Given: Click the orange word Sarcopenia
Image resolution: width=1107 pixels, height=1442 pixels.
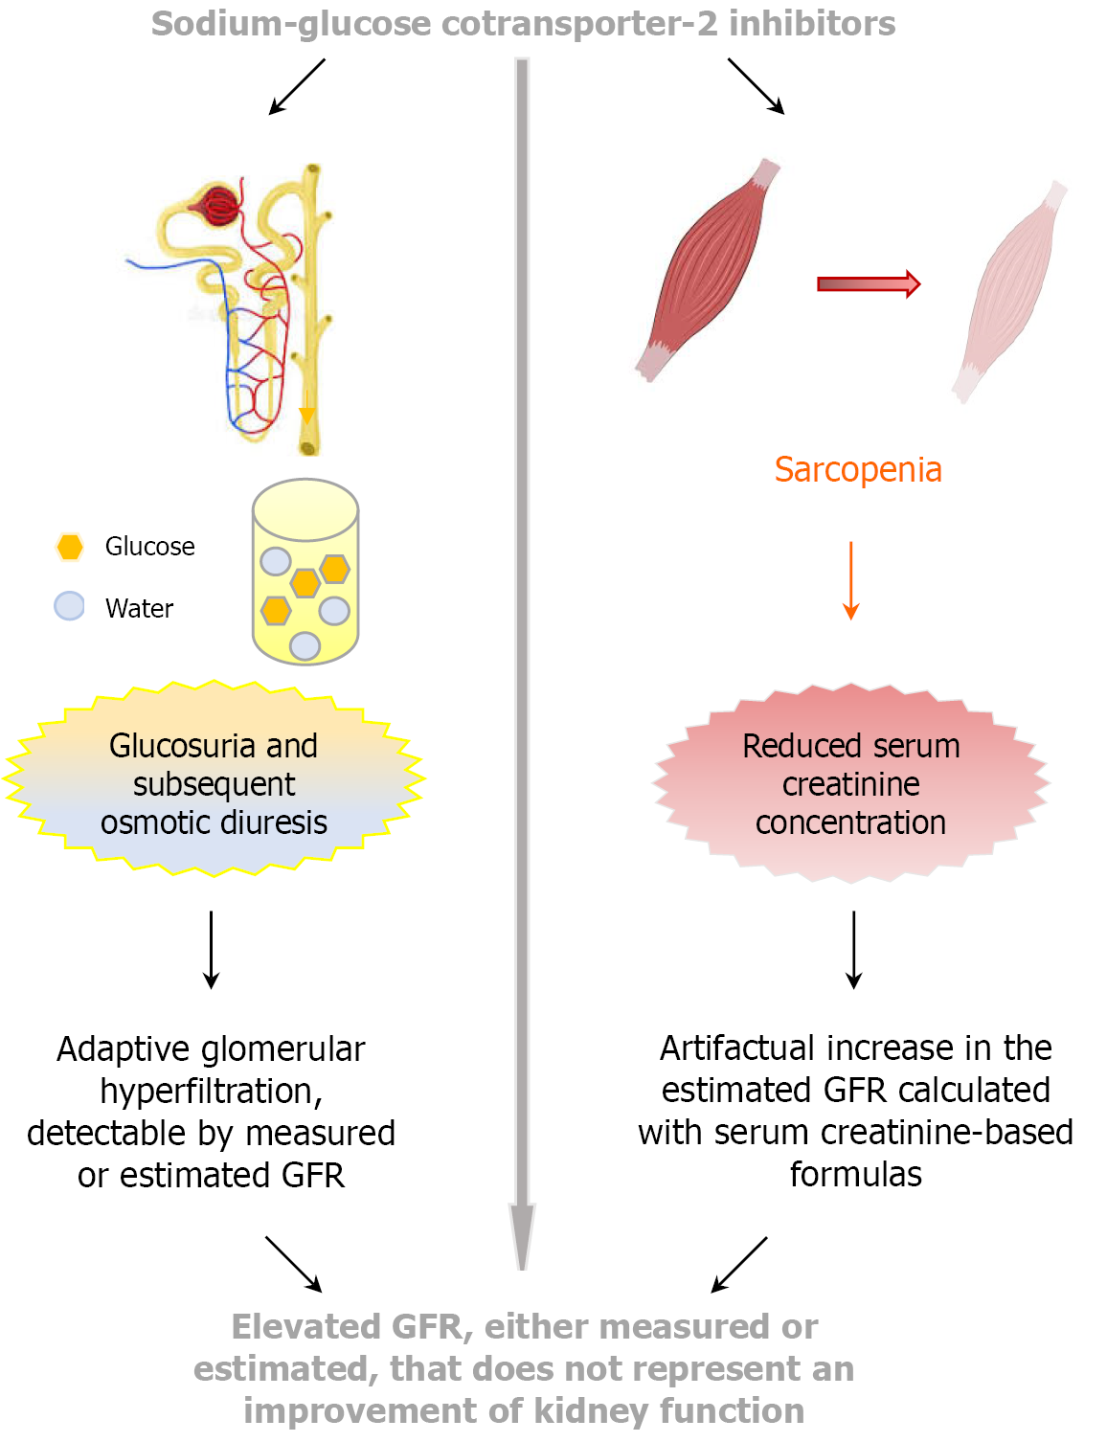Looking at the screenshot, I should [858, 470].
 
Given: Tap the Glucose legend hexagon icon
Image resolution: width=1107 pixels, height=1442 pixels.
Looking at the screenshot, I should [70, 547].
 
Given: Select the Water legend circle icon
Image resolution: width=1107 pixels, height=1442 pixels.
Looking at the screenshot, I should [69, 606].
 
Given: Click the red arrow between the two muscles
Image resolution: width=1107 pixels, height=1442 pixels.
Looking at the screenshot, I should [868, 283].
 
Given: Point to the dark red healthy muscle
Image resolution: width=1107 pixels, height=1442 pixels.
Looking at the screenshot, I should [708, 269].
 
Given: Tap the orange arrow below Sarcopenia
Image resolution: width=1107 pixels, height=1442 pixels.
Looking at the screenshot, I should [850, 580].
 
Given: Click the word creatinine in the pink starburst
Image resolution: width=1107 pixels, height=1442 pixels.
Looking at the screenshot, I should [850, 784].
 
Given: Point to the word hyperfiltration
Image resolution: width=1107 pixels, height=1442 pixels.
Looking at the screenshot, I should [211, 1092].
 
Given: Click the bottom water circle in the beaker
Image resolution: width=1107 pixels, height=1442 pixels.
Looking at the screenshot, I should [305, 646].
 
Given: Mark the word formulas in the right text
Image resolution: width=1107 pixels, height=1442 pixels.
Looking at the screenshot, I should [855, 1175].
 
